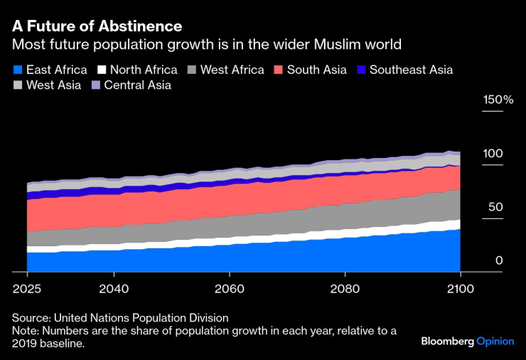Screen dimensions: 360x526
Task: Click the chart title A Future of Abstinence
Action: click(x=97, y=26)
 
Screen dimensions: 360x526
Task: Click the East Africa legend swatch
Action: click(x=18, y=70)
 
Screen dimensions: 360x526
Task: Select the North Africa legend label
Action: click(x=144, y=70)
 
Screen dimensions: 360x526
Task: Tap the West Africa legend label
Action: click(x=232, y=70)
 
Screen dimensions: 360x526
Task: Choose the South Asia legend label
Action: click(x=316, y=70)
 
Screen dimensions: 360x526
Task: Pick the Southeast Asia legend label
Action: click(x=411, y=70)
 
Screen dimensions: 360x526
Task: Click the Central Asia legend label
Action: click(x=137, y=85)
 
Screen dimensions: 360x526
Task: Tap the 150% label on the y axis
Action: click(x=498, y=100)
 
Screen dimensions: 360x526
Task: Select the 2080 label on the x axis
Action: click(x=345, y=288)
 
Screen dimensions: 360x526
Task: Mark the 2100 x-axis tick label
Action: click(x=460, y=288)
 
